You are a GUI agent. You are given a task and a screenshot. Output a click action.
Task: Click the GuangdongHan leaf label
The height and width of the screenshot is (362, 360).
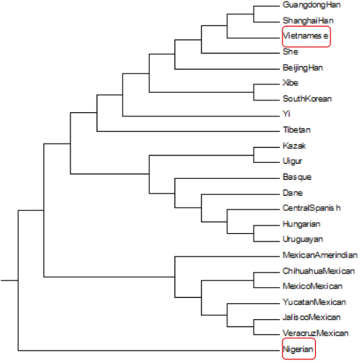[x=304, y=5]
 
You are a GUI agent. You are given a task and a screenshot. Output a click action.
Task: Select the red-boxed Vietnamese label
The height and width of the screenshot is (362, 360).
[x=305, y=37]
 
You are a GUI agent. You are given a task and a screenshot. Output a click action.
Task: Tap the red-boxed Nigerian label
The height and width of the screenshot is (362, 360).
[x=298, y=351]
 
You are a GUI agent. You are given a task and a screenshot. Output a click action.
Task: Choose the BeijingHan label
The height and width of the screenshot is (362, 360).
[x=302, y=67]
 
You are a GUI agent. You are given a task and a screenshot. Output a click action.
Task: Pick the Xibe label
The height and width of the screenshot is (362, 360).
[x=290, y=83]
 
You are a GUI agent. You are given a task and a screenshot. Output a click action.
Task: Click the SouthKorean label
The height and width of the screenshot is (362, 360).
[x=307, y=98]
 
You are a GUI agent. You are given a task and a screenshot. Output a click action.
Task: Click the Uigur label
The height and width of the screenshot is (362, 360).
[x=293, y=161]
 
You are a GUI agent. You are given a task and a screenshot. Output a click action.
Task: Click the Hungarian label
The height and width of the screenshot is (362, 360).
[x=301, y=224]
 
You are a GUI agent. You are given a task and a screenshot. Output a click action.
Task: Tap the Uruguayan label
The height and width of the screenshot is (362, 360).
[x=302, y=239]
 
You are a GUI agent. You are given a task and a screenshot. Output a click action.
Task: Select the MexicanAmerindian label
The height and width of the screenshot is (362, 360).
[x=319, y=255]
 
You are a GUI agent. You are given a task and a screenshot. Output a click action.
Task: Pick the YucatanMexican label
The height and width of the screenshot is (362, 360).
[x=314, y=302]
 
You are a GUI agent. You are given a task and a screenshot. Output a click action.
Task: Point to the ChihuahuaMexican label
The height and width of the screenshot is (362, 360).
[x=318, y=271]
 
